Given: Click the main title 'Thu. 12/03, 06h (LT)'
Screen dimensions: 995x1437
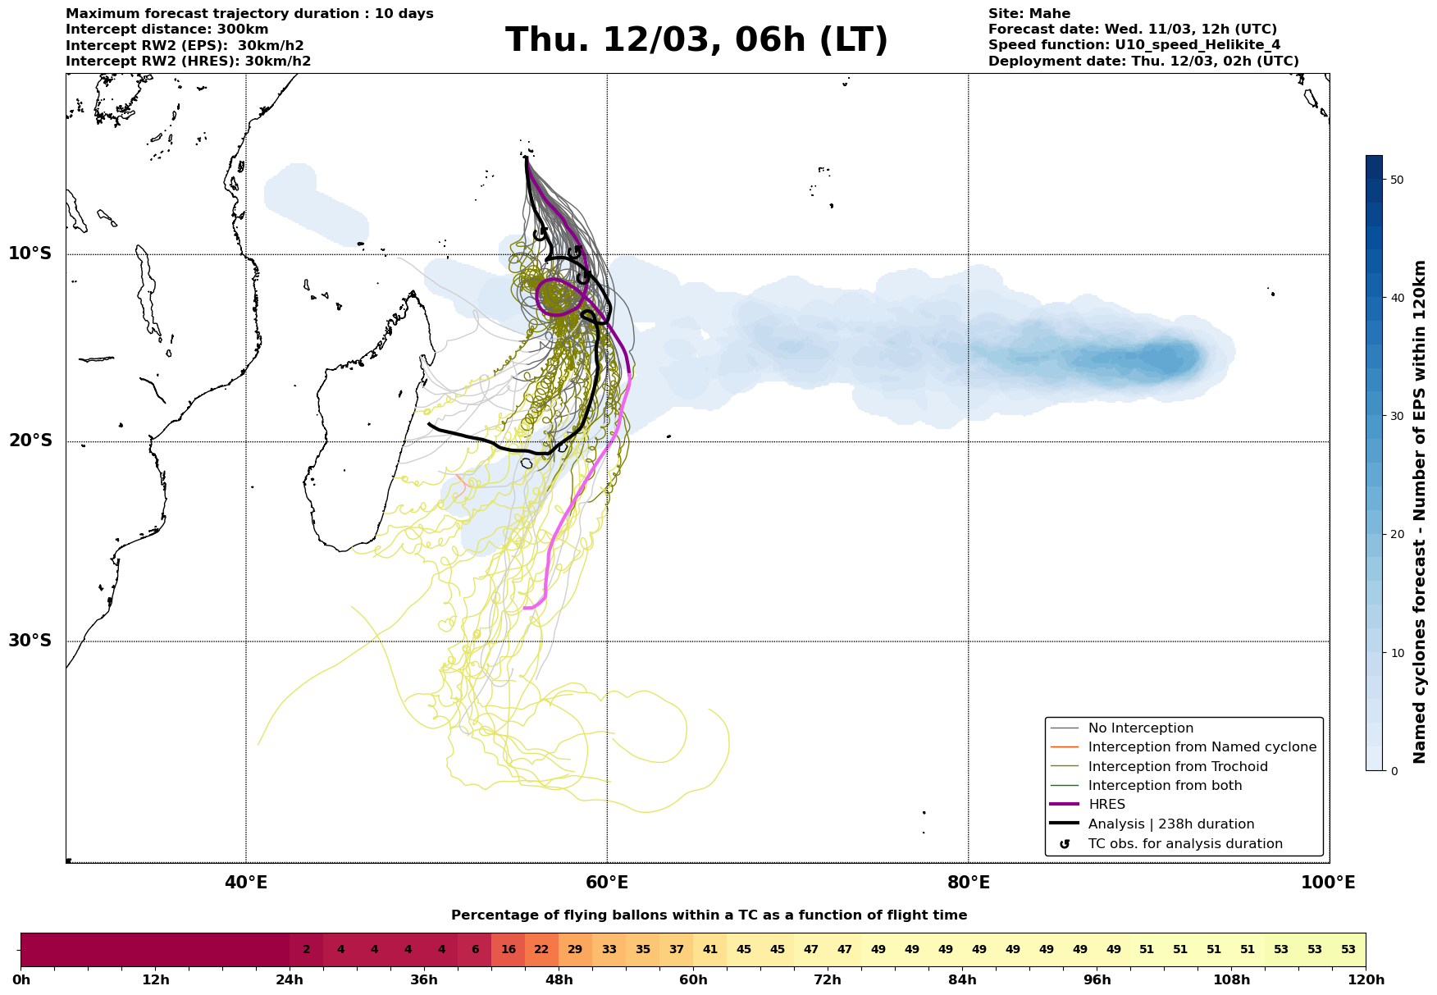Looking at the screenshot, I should [696, 40].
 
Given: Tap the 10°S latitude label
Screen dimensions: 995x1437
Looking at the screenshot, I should [30, 253].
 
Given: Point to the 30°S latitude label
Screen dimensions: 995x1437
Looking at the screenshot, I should [30, 641].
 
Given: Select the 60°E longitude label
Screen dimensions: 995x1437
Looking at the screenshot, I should [607, 883].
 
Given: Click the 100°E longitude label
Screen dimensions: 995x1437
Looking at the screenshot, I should [1328, 883].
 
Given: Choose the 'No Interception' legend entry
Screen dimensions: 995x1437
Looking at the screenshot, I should [1140, 728].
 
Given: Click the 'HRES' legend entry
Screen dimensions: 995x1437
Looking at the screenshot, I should [1106, 805].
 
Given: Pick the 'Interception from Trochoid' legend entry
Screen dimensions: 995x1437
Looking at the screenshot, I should [1177, 767].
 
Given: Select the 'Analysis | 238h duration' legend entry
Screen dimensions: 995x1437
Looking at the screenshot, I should [1170, 824].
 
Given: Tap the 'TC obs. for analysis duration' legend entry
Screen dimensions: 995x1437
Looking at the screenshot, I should [1184, 844].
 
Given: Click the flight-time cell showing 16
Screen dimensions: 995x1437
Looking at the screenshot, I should [508, 950].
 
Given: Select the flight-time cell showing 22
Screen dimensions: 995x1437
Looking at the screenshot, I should [541, 950].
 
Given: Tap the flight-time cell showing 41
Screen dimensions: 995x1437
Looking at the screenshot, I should [709, 950].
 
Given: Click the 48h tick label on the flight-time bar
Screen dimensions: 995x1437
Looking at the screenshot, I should [559, 980].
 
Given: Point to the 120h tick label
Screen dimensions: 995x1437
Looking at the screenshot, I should [1365, 980].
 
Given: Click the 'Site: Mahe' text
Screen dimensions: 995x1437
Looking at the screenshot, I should [1029, 14].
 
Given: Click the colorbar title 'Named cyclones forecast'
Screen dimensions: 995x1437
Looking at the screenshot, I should [1420, 512].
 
